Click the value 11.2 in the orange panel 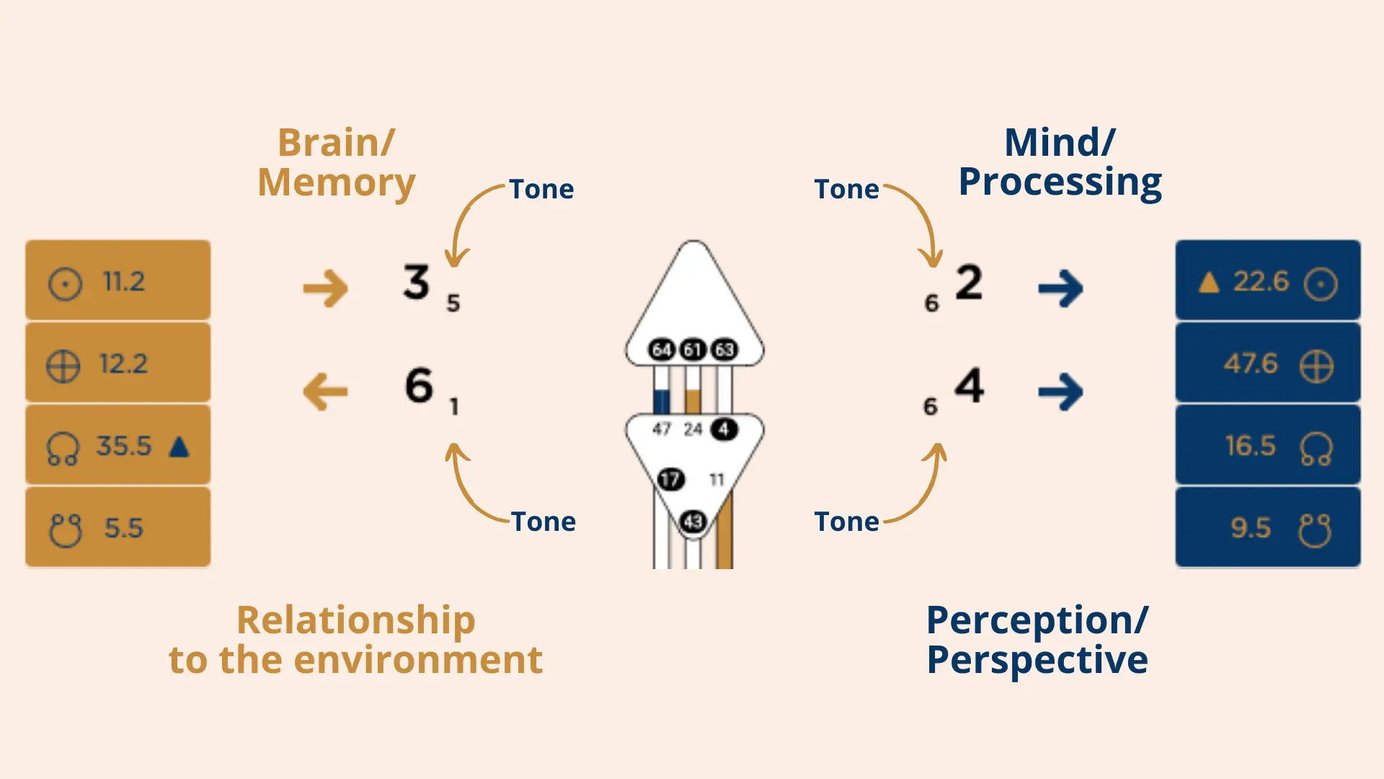pos(123,281)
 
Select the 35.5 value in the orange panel pos(124,446)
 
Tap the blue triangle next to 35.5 pos(179,447)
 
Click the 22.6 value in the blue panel pos(1261,281)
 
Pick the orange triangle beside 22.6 pos(1209,282)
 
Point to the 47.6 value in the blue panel pos(1251,364)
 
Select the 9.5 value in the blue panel pos(1251,528)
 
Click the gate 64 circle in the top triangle pos(661,350)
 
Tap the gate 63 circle pos(724,350)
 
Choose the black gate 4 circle pos(724,429)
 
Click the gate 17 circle pos(670,479)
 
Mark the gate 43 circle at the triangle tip pos(693,521)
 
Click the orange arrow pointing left pos(325,392)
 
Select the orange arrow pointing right pos(325,289)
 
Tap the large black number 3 pos(417,282)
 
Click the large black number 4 pos(970,385)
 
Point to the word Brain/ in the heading pos(336,143)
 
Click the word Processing pos(1060,182)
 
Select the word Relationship pos(355,620)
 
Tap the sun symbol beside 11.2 pos(65,283)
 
